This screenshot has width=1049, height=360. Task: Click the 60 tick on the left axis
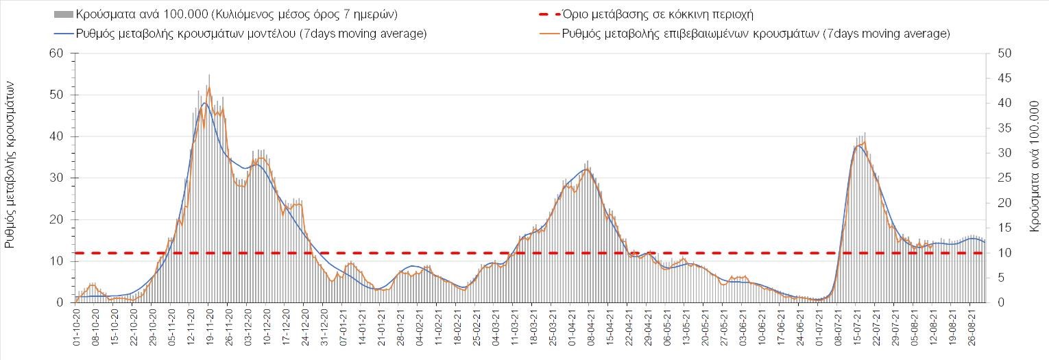(56, 53)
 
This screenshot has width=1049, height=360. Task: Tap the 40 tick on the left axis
(56, 136)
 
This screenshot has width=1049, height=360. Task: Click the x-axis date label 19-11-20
(208, 330)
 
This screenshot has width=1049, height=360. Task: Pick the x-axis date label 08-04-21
(588, 330)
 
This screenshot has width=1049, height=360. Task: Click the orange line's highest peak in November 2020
(208, 86)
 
